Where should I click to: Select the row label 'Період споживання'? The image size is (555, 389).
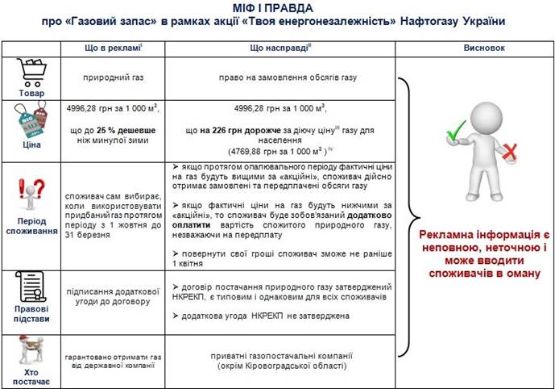31,223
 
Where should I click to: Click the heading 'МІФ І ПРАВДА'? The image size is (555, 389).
277,8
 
